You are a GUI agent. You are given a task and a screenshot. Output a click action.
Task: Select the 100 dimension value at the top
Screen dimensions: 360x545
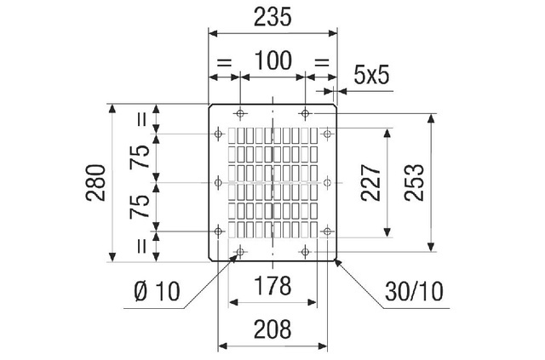pyautogui.click(x=272, y=61)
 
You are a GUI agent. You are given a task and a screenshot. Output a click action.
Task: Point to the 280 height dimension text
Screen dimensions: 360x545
pyautogui.click(x=95, y=181)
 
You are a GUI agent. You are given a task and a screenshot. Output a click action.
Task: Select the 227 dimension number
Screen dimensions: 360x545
pyautogui.click(x=370, y=181)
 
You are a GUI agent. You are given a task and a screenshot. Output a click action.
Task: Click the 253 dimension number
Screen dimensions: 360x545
pyautogui.click(x=415, y=181)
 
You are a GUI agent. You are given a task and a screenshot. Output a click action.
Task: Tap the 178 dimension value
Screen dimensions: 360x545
pyautogui.click(x=272, y=286)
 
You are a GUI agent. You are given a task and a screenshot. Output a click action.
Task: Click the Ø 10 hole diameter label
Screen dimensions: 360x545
pyautogui.click(x=157, y=292)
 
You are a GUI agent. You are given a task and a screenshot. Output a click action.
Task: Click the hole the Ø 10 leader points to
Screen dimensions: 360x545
pyautogui.click(x=241, y=251)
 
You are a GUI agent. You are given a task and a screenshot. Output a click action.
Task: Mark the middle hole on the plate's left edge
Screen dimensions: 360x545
pyautogui.click(x=221, y=181)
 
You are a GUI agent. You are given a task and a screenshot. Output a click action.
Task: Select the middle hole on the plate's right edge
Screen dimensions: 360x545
pyautogui.click(x=326, y=181)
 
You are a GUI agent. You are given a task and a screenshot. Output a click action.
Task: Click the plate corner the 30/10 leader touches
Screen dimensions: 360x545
pyautogui.click(x=337, y=260)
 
